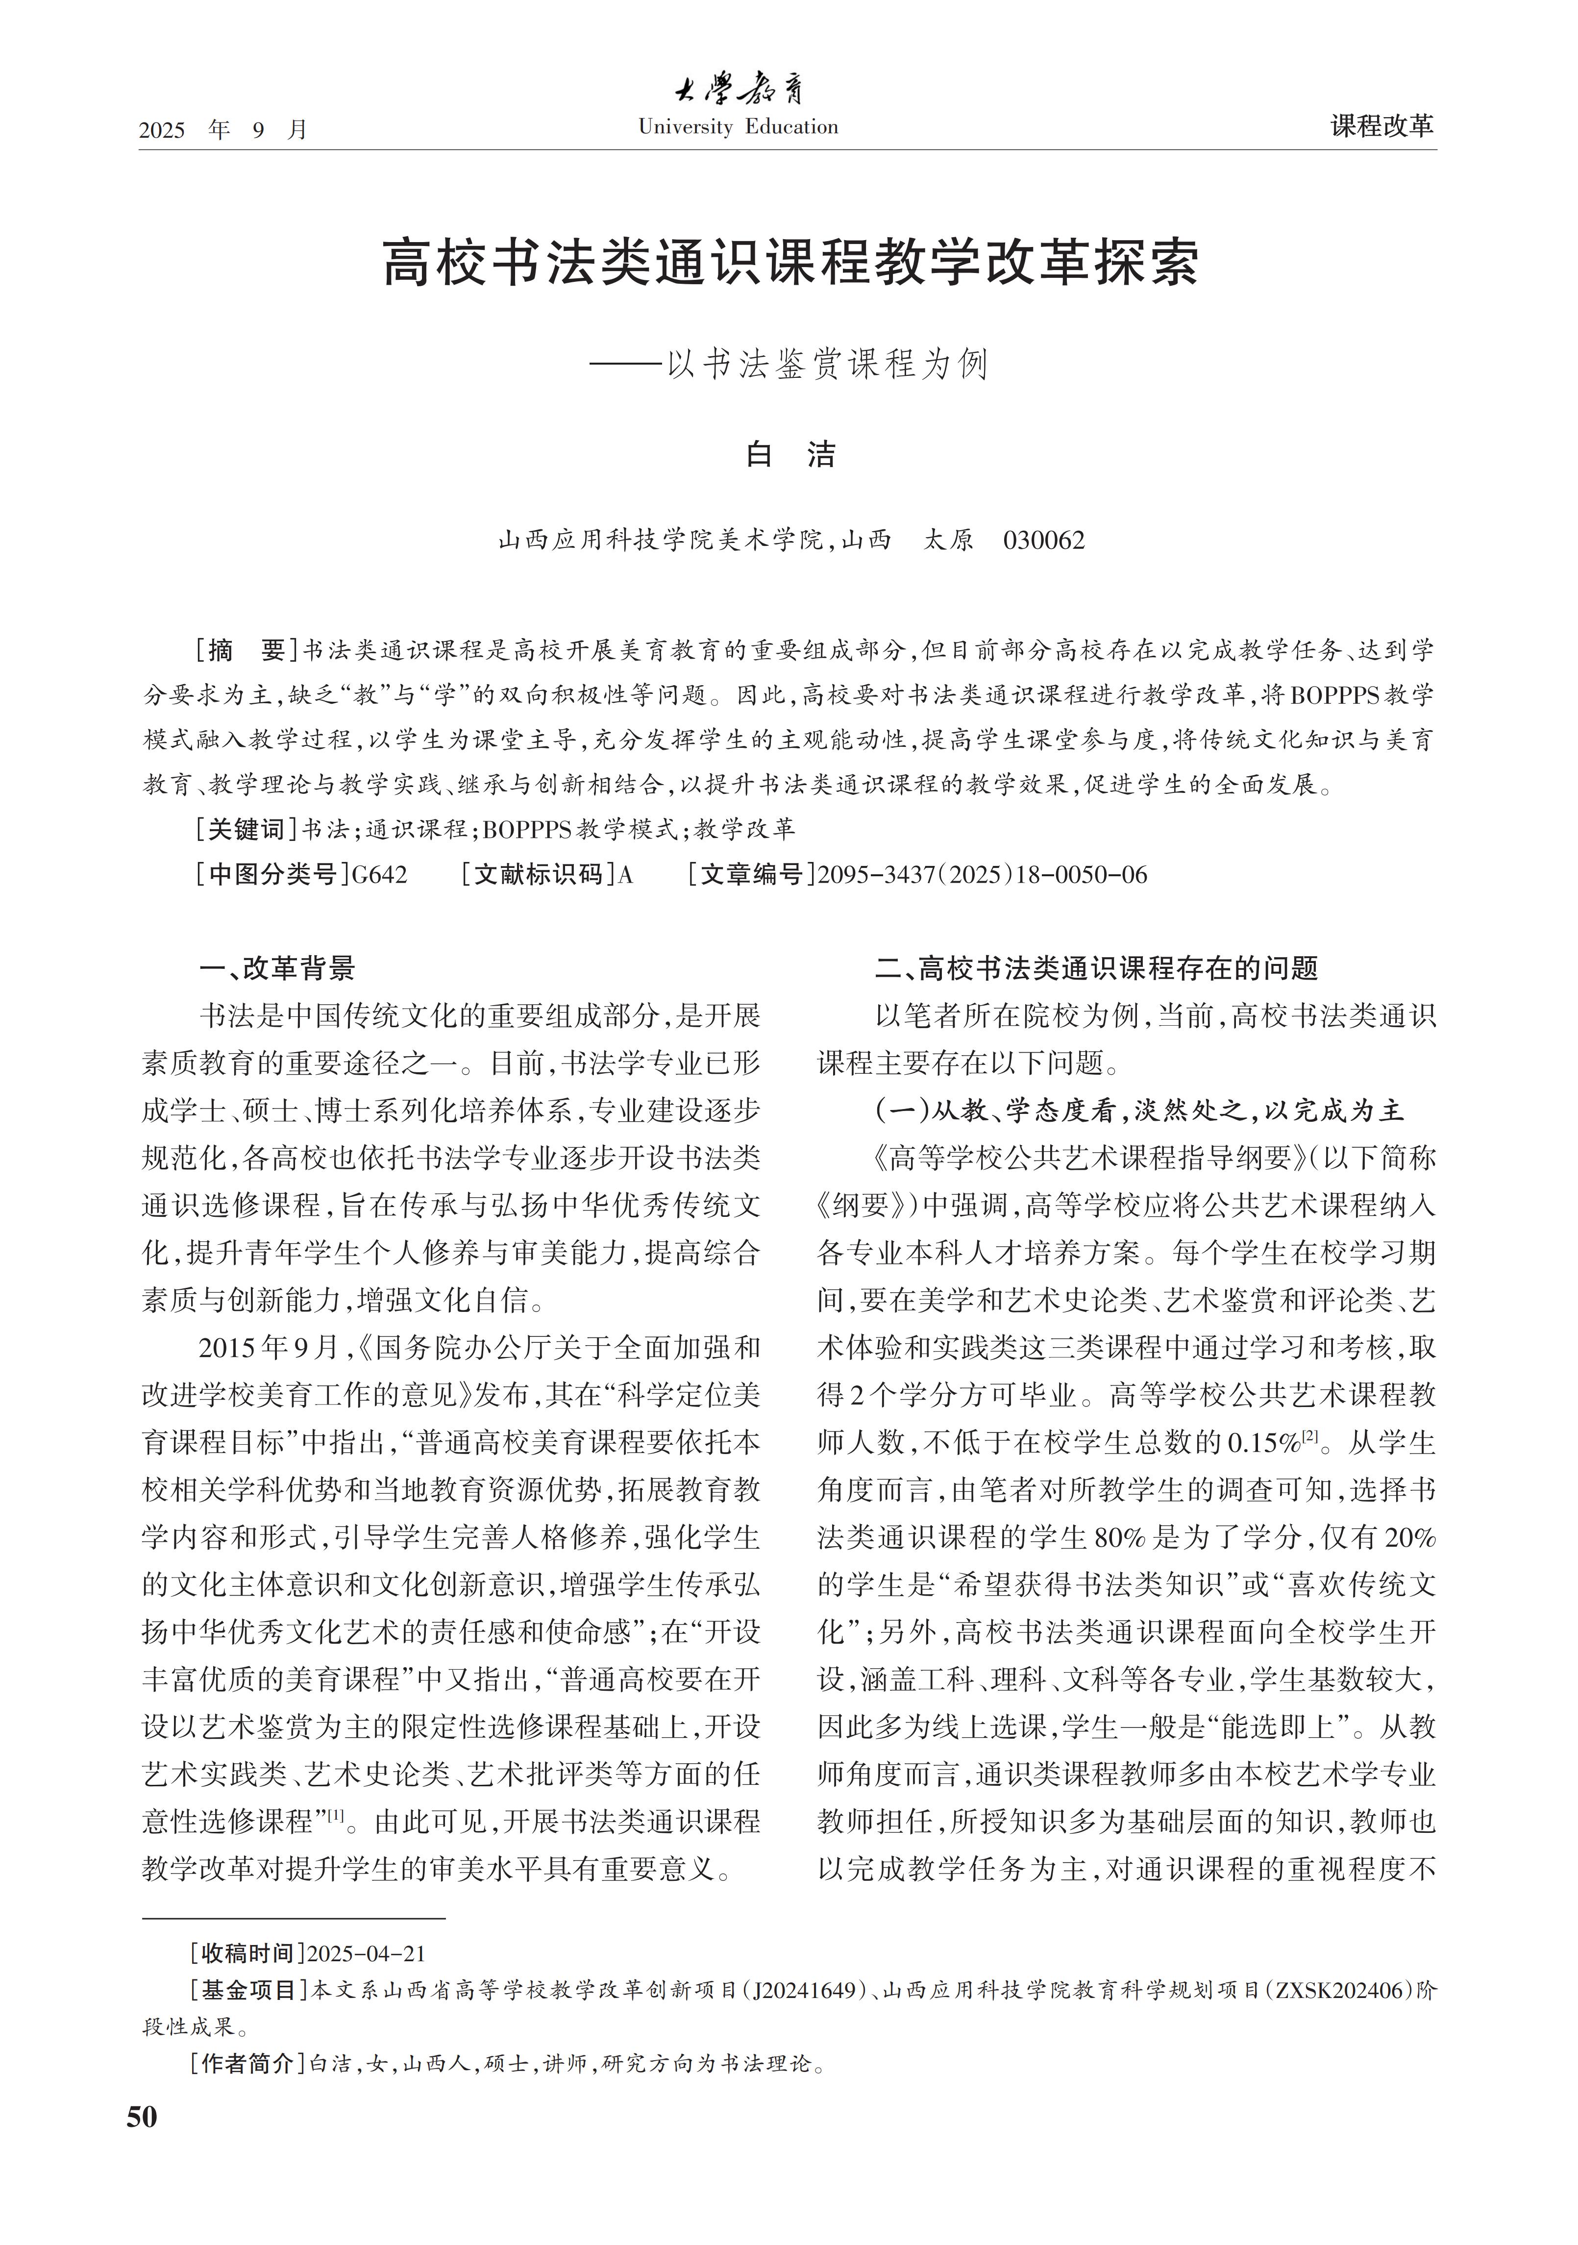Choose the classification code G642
(x=379, y=874)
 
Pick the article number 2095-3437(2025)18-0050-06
(x=982, y=874)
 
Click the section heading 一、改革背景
(x=277, y=968)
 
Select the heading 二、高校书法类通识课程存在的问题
(x=1096, y=968)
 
